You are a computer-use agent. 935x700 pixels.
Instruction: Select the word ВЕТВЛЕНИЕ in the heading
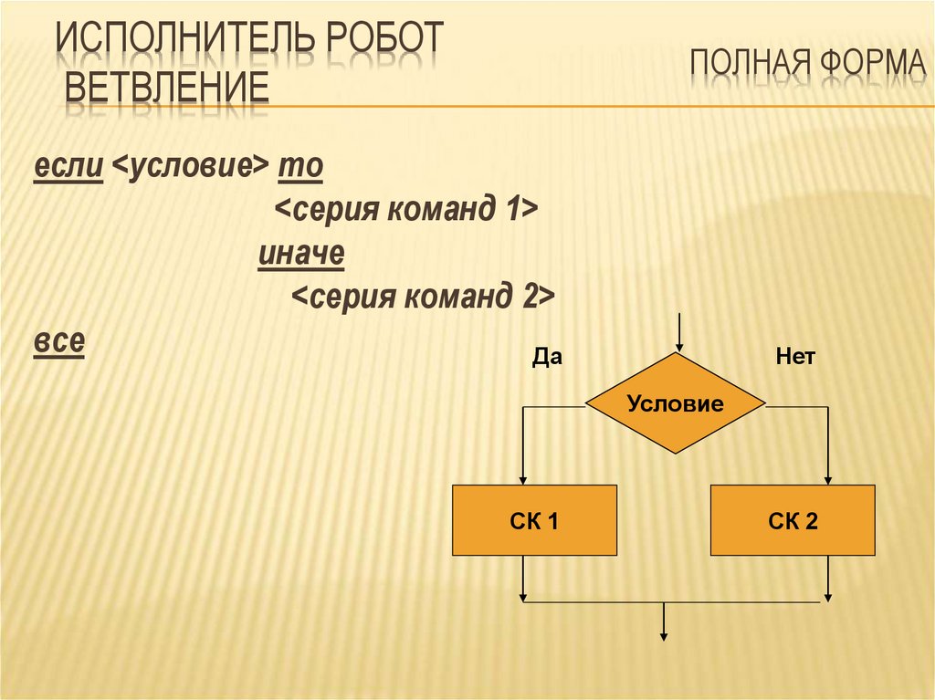[x=167, y=87]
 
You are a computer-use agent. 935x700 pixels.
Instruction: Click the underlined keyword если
[x=68, y=166]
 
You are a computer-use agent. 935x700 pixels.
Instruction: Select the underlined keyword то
[x=300, y=167]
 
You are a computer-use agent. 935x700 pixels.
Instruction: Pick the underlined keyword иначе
[x=301, y=253]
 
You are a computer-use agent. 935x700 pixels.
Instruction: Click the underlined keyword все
[x=59, y=341]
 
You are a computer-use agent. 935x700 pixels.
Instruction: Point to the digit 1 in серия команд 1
[x=511, y=209]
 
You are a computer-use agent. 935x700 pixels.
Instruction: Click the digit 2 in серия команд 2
[x=531, y=297]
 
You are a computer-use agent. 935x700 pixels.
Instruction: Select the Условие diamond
[x=676, y=403]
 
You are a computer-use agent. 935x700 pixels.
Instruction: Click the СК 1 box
[x=534, y=520]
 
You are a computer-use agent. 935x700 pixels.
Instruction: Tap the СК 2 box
[x=793, y=520]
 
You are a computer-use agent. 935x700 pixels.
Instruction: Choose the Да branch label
[x=547, y=357]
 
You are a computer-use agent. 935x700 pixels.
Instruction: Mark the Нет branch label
[x=795, y=357]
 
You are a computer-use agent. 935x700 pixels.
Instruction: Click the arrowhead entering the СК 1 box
[x=523, y=480]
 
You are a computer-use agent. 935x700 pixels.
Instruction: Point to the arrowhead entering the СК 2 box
[x=827, y=480]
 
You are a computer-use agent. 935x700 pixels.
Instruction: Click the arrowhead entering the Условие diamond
[x=678, y=347]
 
